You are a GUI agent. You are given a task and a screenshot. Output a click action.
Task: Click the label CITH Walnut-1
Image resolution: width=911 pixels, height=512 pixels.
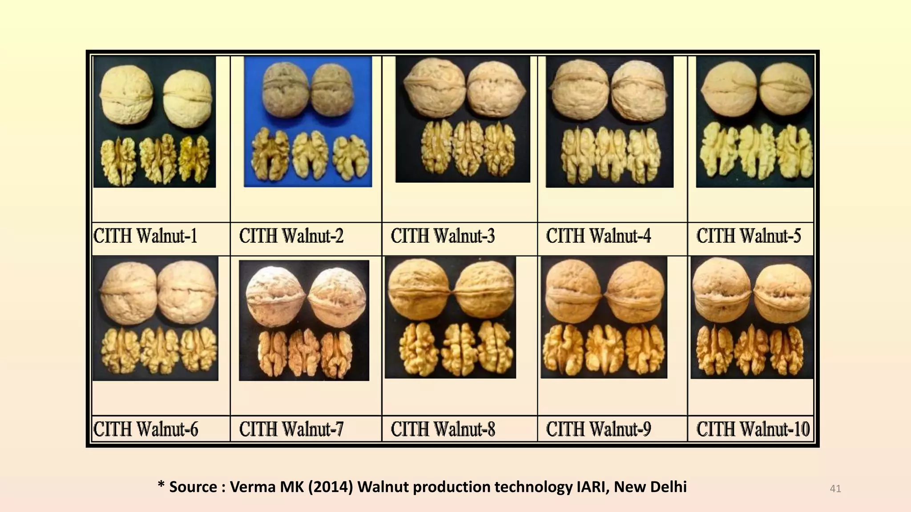tap(145, 236)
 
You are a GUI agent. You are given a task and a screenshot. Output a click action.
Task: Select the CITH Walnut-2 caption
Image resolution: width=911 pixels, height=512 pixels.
tap(291, 236)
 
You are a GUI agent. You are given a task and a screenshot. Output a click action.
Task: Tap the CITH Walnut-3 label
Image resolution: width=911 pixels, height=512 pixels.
tap(443, 236)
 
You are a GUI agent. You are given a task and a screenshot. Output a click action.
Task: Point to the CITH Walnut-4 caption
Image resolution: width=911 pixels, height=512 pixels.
tap(598, 236)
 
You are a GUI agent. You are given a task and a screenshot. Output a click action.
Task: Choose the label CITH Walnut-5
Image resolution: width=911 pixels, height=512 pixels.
tap(749, 236)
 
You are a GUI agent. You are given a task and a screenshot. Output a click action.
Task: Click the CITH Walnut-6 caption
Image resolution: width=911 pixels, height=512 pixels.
tap(146, 429)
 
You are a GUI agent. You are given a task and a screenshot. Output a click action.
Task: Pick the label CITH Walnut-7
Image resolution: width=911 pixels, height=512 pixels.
tap(291, 429)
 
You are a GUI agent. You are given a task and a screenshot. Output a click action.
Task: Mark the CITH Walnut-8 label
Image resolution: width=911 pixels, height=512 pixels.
tap(443, 429)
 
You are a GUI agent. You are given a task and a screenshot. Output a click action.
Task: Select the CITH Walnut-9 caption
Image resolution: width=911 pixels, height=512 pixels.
tap(598, 429)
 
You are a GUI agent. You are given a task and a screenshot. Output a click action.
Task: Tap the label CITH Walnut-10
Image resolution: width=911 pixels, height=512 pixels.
tap(753, 429)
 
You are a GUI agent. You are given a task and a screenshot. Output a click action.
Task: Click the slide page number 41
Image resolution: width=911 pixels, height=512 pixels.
tap(835, 489)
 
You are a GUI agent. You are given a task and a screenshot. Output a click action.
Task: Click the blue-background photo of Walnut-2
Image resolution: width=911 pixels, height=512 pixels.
tap(308, 121)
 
